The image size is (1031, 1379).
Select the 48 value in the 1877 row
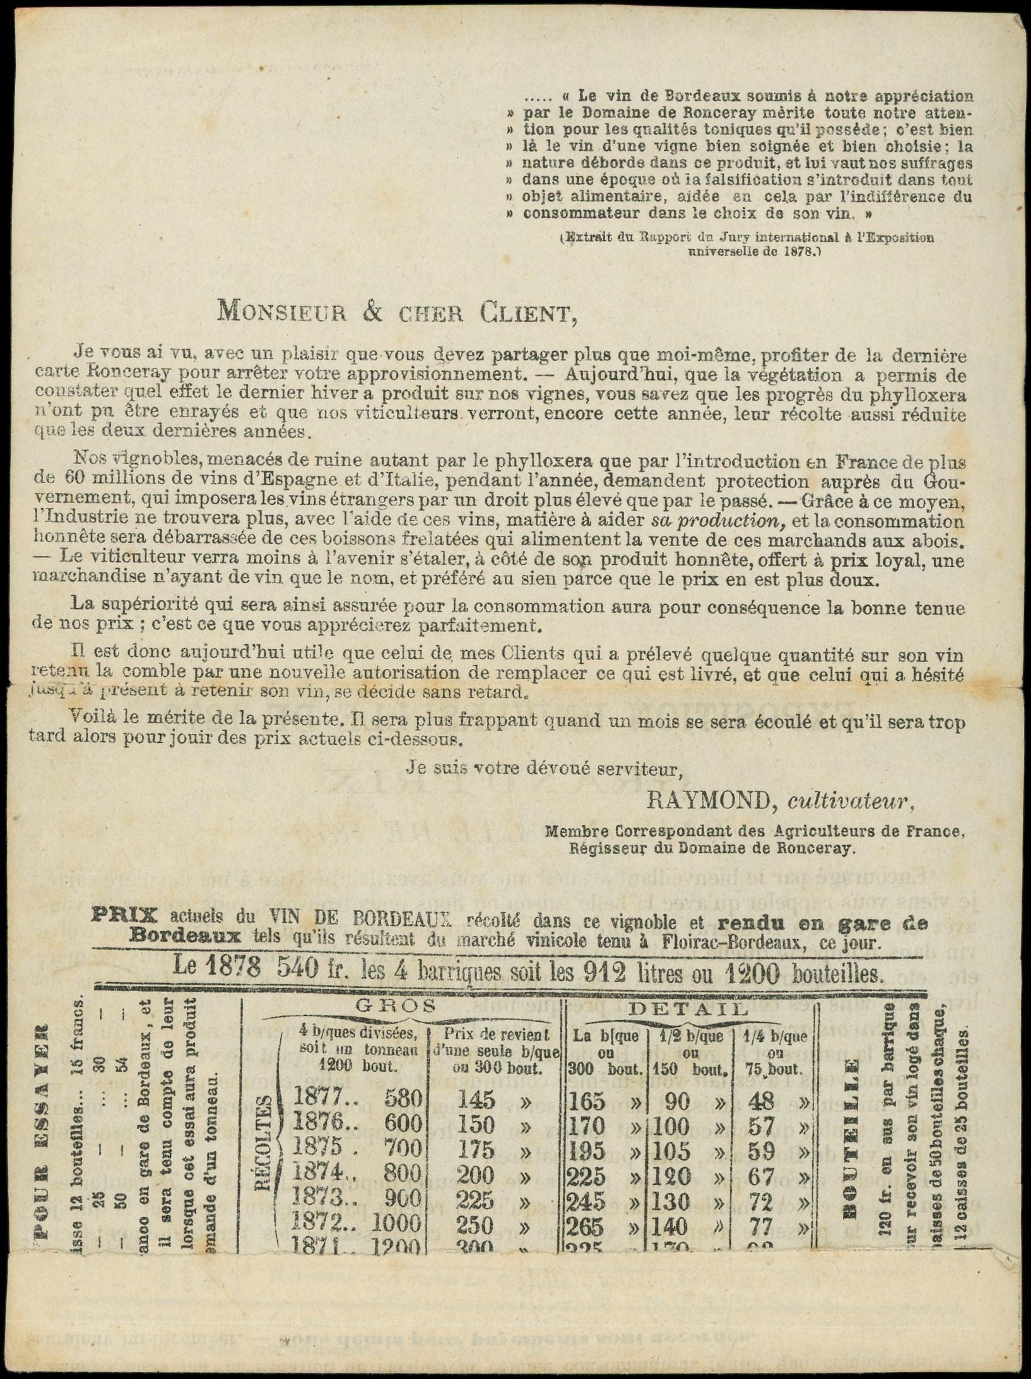(x=760, y=1101)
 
